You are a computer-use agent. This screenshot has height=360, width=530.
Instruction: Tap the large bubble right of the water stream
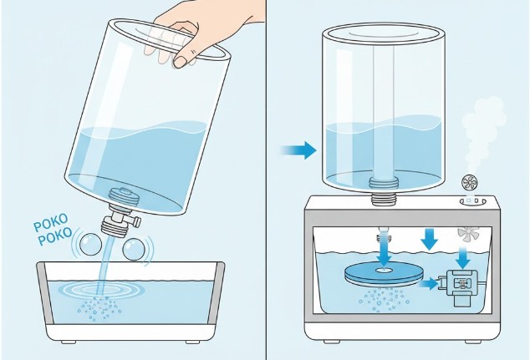coord(134,250)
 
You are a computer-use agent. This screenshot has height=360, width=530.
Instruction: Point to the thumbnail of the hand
coord(181,61)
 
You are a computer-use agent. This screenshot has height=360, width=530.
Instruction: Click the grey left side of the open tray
coord(46,292)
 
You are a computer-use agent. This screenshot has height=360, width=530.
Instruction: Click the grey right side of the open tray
coord(216,292)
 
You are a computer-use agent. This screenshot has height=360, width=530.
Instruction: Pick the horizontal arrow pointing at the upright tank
coord(298,150)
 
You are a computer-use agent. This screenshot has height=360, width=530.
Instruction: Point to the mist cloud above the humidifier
coord(484,129)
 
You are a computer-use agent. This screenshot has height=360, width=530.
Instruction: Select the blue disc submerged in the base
coord(385,272)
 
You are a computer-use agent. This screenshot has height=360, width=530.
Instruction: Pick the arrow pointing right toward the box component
coord(430,284)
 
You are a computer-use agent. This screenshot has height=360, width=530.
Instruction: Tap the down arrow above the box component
coord(465,258)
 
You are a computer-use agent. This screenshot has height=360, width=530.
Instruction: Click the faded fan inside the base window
coord(468,234)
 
